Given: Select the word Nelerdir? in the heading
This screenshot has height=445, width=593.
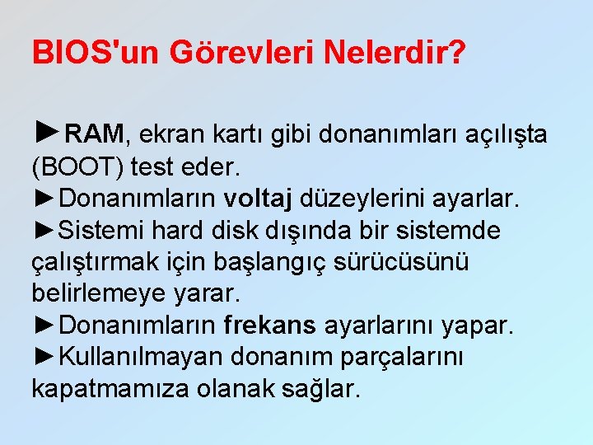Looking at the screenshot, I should [395, 53].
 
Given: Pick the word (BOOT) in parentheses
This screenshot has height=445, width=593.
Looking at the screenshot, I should [77, 167].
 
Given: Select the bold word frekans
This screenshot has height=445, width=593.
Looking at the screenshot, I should [269, 326].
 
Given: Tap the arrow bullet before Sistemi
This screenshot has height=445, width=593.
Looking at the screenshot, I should [45, 230].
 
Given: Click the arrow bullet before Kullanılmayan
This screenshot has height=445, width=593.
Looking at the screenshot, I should [45, 357].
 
